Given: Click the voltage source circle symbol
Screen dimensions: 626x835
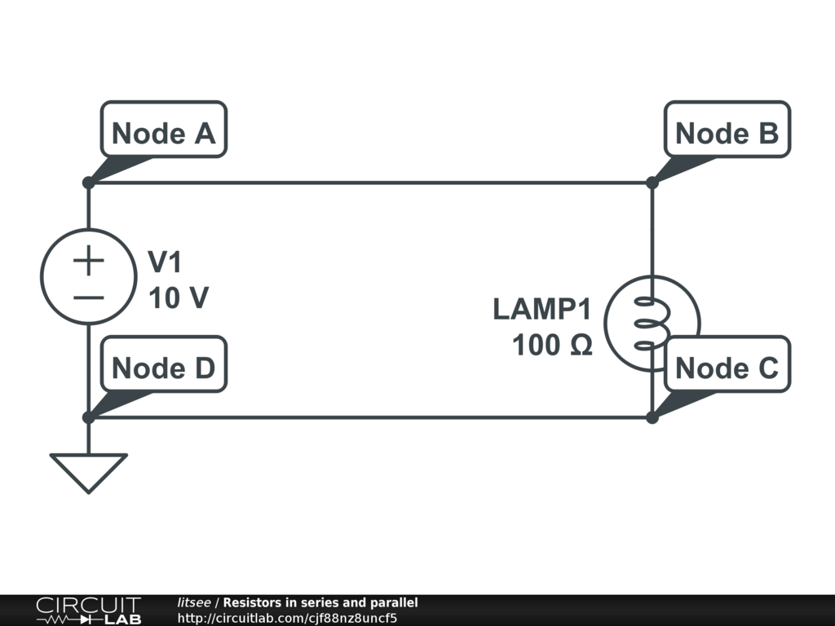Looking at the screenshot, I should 87,277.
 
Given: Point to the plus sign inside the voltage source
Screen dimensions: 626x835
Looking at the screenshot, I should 88,261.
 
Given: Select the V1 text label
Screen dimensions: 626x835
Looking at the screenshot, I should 166,262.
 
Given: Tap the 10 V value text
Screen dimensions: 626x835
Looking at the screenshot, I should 178,298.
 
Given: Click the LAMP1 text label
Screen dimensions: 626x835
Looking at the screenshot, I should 541,310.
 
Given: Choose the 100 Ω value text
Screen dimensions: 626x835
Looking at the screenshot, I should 552,346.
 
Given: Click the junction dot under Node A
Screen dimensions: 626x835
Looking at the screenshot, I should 88,183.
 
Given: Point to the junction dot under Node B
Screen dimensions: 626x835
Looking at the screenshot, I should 652,183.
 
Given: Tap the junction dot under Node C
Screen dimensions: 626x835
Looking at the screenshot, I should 652,417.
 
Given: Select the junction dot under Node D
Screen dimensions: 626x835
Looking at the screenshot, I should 88,417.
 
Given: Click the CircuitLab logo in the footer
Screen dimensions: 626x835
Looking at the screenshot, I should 88,611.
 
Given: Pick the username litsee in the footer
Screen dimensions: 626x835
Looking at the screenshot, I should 194,602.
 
